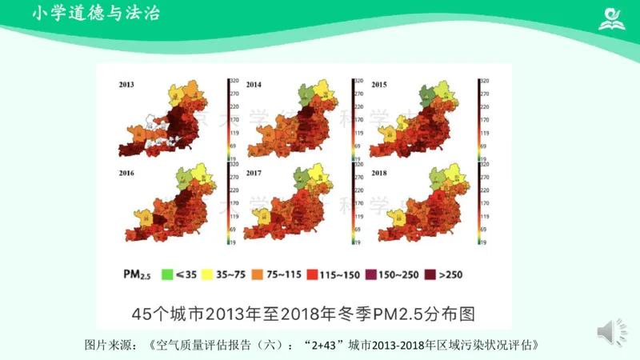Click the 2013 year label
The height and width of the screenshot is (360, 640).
tap(126, 84)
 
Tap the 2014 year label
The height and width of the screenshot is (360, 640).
tap(253, 84)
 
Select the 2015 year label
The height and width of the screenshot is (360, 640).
tap(379, 84)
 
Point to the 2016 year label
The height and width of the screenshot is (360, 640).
tap(126, 173)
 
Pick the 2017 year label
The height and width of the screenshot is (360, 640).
tap(253, 173)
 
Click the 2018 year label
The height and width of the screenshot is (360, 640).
tap(379, 173)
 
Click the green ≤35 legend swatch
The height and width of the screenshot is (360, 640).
tap(168, 274)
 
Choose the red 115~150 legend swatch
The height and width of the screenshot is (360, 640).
tap(314, 274)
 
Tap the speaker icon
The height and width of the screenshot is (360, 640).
tap(606, 331)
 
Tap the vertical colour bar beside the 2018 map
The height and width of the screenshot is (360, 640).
tap(478, 204)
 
